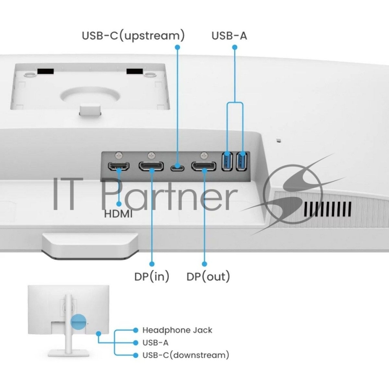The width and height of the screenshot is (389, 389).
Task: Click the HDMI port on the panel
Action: pyautogui.click(x=119, y=168)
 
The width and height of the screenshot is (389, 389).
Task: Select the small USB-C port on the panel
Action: pyautogui.click(x=177, y=169)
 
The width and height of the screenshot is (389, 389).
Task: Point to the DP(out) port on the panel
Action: pyautogui.click(x=204, y=168)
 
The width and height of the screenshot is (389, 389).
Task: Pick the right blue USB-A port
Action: pyautogui.click(x=241, y=162)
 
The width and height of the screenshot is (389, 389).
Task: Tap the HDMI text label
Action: pyautogui.click(x=119, y=213)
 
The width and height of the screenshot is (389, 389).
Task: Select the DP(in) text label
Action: pyautogui.click(x=152, y=277)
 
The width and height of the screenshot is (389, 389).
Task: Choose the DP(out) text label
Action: pyautogui.click(x=208, y=277)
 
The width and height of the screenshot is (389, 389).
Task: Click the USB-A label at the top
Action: pyautogui.click(x=229, y=35)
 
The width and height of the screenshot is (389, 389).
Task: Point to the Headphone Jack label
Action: pyautogui.click(x=177, y=330)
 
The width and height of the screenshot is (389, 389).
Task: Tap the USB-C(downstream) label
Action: pyautogui.click(x=185, y=355)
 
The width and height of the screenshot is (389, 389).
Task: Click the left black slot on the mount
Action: pyautogui.click(x=45, y=71)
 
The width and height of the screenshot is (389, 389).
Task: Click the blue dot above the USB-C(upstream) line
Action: pyautogui.click(x=177, y=47)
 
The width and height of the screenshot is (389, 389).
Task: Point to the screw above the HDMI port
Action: pyautogui.click(x=119, y=156)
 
